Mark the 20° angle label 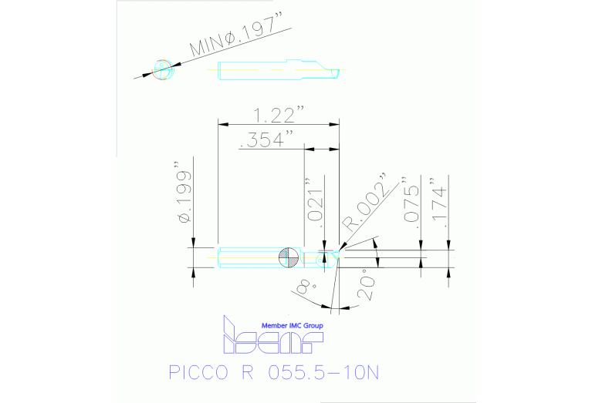(x=365, y=284)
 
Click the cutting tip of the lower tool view (x=339, y=251)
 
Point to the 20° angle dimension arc (x=376, y=254)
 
